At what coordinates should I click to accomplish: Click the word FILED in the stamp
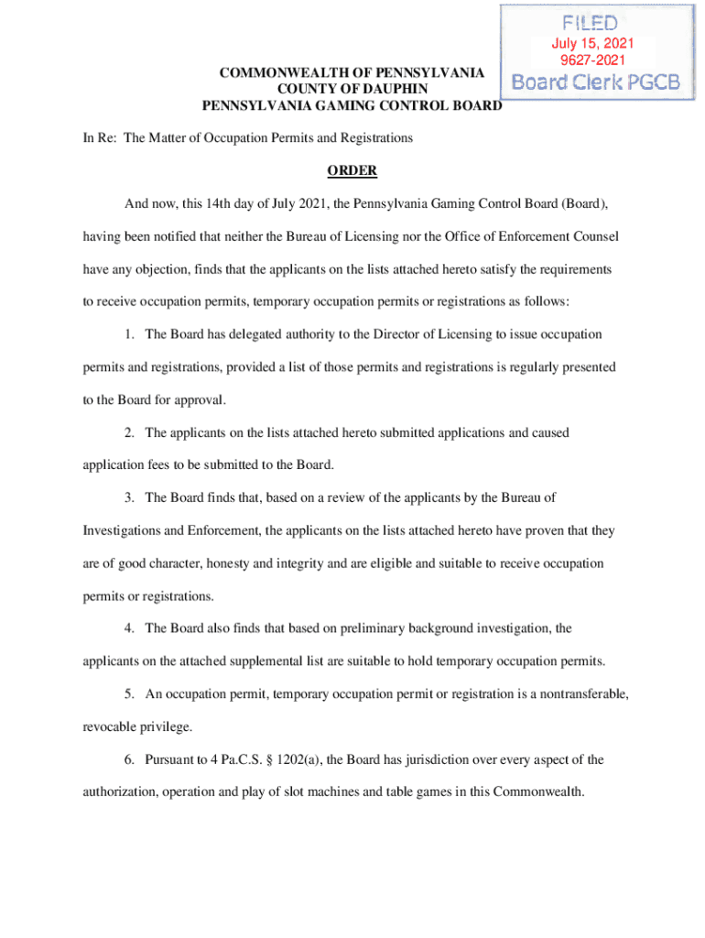click(x=590, y=23)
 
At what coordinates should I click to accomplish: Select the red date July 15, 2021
click(x=591, y=44)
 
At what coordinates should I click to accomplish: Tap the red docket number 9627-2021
click(x=591, y=60)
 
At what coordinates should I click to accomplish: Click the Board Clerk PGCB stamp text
click(x=596, y=82)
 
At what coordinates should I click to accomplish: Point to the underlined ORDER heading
click(x=352, y=171)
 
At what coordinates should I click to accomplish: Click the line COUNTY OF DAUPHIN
click(x=352, y=89)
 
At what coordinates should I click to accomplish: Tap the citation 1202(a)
click(x=302, y=760)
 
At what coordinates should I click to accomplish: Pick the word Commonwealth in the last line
click(x=536, y=792)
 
